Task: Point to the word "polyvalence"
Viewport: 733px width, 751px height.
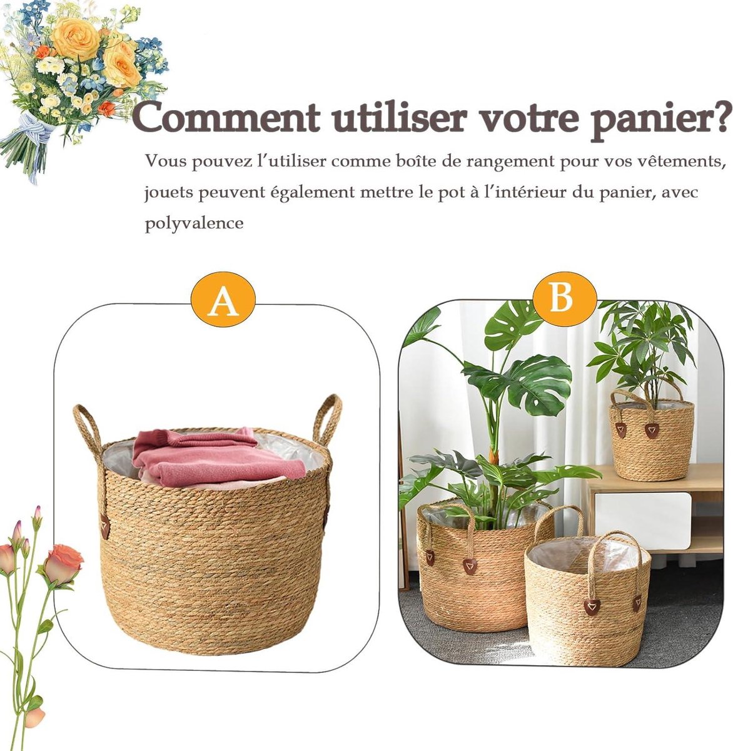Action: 194,223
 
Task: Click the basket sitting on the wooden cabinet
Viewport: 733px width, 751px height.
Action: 651,438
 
